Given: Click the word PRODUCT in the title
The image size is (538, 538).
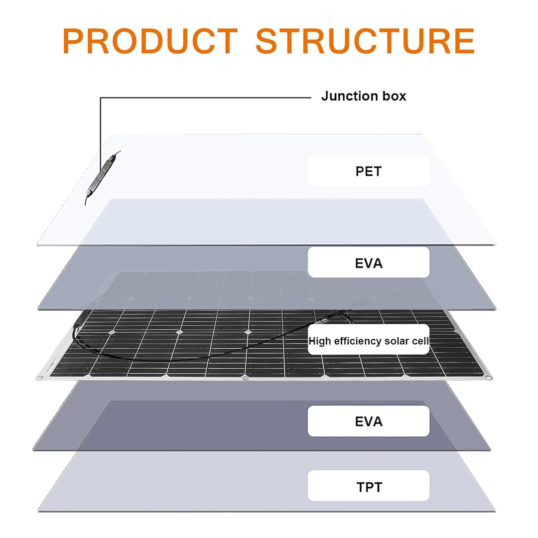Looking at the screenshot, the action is tap(150, 41).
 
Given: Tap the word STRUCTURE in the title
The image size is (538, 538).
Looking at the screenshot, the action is tap(365, 41).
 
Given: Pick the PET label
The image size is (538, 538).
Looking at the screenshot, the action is tap(369, 171).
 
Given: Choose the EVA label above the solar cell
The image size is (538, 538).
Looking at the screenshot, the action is tap(369, 263).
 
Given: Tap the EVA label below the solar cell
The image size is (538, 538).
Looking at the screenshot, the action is tap(369, 421).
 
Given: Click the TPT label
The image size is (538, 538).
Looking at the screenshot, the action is tap(369, 487).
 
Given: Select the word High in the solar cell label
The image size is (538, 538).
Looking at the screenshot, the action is tap(320, 341).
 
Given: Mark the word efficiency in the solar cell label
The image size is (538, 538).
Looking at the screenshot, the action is tap(357, 341).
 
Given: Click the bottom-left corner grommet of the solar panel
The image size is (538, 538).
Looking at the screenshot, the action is tap(39, 378).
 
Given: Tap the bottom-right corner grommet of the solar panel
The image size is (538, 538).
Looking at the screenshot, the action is tap(489, 378).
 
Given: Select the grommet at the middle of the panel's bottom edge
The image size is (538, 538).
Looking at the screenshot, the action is tap(244, 378).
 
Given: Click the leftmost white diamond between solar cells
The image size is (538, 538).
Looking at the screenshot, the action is tap(111, 332).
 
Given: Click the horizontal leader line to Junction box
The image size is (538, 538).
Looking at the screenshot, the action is tap(206, 98).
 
